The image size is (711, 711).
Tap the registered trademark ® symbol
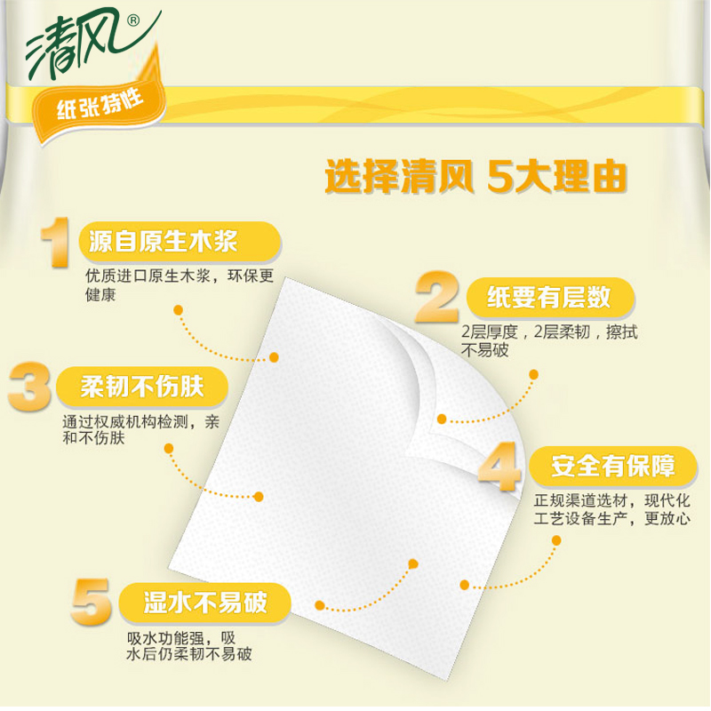point(132,20)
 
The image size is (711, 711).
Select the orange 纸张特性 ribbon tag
point(99,106)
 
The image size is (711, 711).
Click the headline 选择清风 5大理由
point(475,176)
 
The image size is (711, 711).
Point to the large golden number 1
point(55,242)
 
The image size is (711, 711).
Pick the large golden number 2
point(436,297)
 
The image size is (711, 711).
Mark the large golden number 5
point(92,602)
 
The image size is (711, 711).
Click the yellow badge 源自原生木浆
point(180,242)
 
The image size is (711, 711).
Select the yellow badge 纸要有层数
point(550,298)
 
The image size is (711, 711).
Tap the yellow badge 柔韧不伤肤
point(142,387)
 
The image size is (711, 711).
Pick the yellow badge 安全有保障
point(613,466)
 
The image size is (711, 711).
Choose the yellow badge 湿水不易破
point(204,603)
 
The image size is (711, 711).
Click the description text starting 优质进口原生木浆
point(180,284)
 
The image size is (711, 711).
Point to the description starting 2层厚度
point(549,340)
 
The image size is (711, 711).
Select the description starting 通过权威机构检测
point(141,429)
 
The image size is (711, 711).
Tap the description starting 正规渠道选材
point(611,509)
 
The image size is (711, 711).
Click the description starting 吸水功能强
point(189,646)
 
